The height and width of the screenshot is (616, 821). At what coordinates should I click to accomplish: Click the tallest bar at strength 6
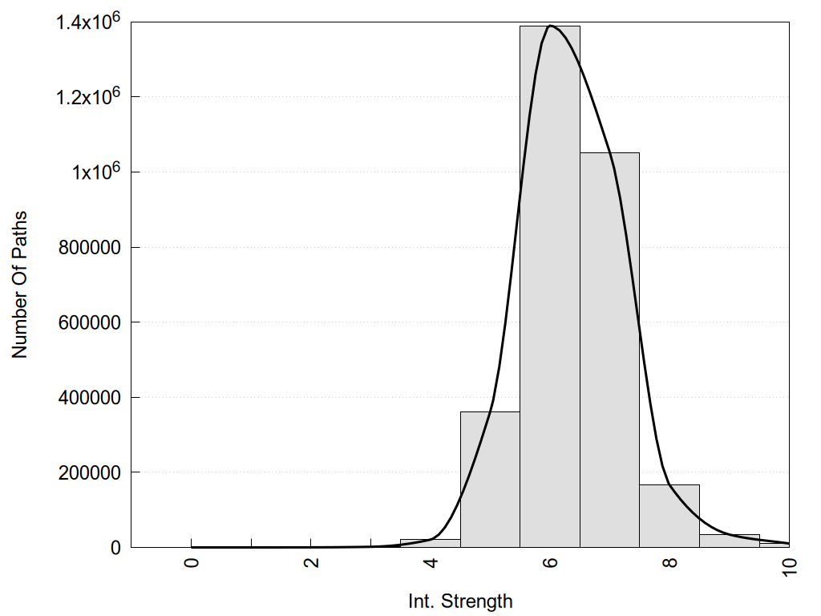click(x=550, y=289)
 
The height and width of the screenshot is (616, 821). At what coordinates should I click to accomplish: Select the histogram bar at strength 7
click(x=609, y=353)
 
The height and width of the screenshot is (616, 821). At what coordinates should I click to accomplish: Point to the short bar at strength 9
click(x=729, y=541)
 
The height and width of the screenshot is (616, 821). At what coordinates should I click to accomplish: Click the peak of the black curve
click(x=550, y=26)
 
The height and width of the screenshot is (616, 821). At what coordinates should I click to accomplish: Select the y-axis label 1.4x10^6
click(x=87, y=22)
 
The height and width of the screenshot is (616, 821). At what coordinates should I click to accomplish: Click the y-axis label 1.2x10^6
click(x=87, y=97)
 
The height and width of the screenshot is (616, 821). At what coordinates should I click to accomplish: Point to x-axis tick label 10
click(x=789, y=566)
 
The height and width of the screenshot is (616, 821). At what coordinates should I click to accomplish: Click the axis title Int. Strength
click(x=460, y=601)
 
